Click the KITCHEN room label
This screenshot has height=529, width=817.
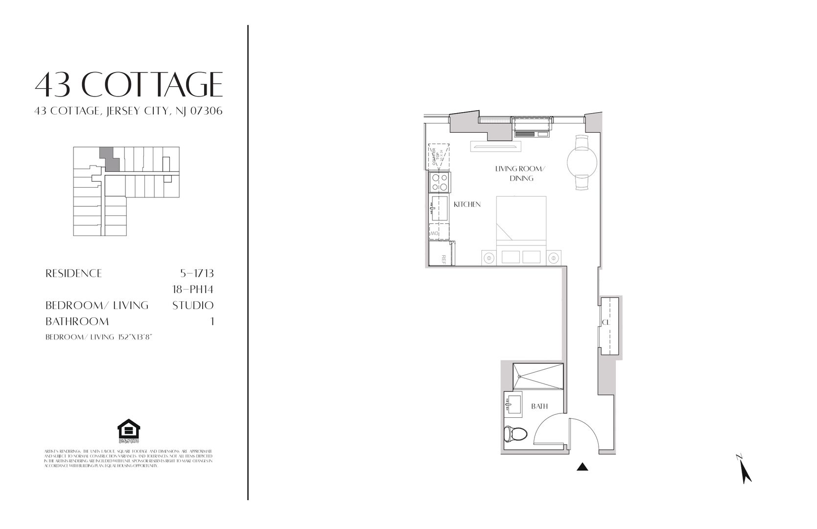[467, 204]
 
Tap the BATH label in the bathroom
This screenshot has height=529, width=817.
[539, 406]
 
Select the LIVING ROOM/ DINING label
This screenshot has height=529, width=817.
[520, 173]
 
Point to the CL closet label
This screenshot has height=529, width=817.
[606, 322]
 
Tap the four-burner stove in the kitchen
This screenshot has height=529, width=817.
[439, 183]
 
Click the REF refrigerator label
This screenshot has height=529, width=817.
[444, 259]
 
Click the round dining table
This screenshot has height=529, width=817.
[582, 161]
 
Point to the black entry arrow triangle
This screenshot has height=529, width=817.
[582, 467]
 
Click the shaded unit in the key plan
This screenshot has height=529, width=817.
[109, 159]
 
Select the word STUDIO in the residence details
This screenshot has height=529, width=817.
[193, 306]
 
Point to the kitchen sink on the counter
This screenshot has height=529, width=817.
[439, 209]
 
